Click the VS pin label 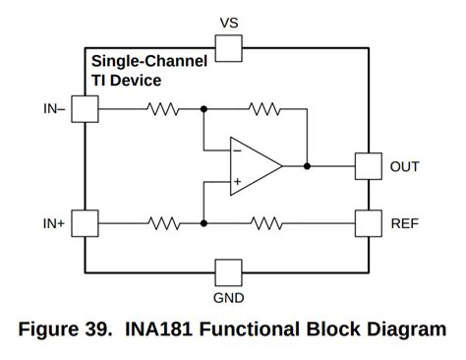click(228, 21)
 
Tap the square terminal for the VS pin click(228, 49)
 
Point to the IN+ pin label click(54, 223)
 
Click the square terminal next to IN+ click(87, 223)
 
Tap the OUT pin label click(404, 166)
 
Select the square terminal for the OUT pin click(368, 166)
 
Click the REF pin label click(404, 223)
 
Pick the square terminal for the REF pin click(368, 223)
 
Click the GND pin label click(228, 298)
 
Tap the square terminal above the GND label click(228, 272)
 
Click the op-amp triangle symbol click(253, 166)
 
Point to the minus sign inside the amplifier click(237, 150)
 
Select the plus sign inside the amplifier click(237, 182)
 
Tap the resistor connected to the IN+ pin click(161, 223)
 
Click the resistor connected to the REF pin click(264, 223)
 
